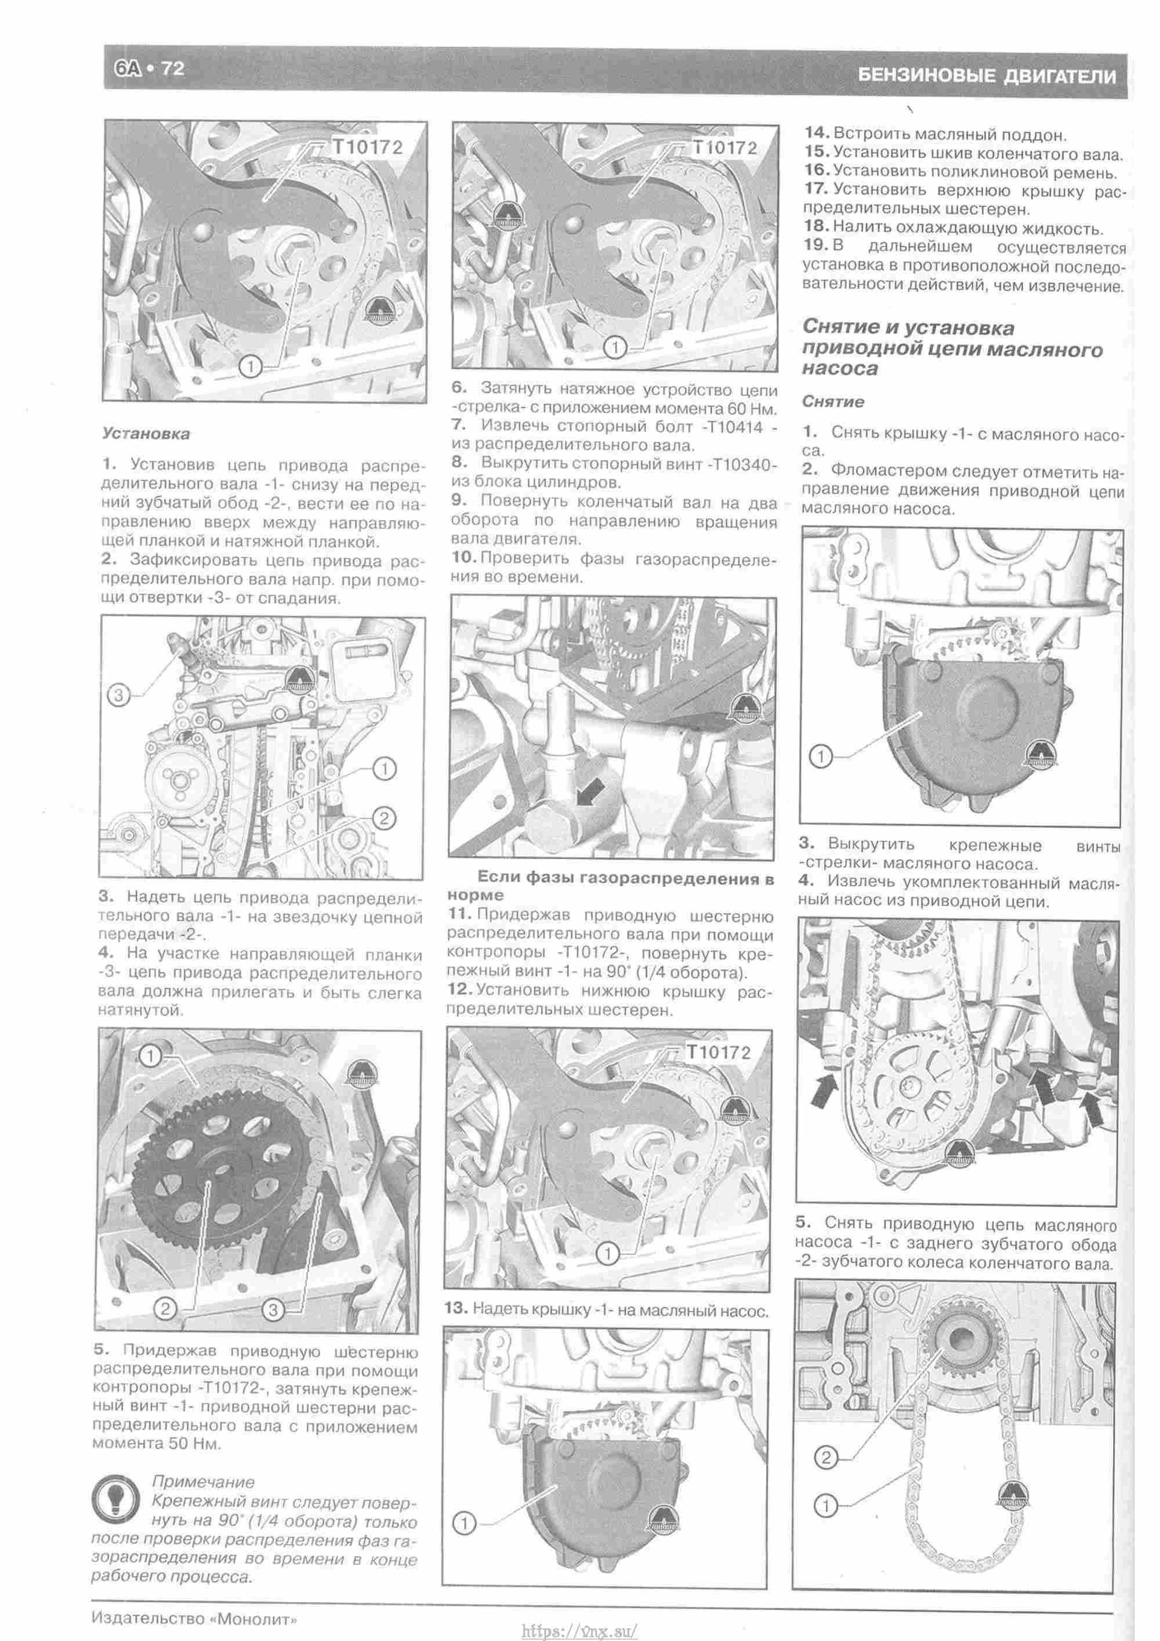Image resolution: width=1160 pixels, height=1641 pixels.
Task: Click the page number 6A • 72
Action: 149,68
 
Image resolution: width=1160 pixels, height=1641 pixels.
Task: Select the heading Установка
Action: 146,434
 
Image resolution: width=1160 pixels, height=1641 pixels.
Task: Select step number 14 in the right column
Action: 815,134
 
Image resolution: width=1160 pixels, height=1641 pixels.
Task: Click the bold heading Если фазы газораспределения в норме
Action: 611,886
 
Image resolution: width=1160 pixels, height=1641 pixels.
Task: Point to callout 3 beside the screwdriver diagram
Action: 118,694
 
